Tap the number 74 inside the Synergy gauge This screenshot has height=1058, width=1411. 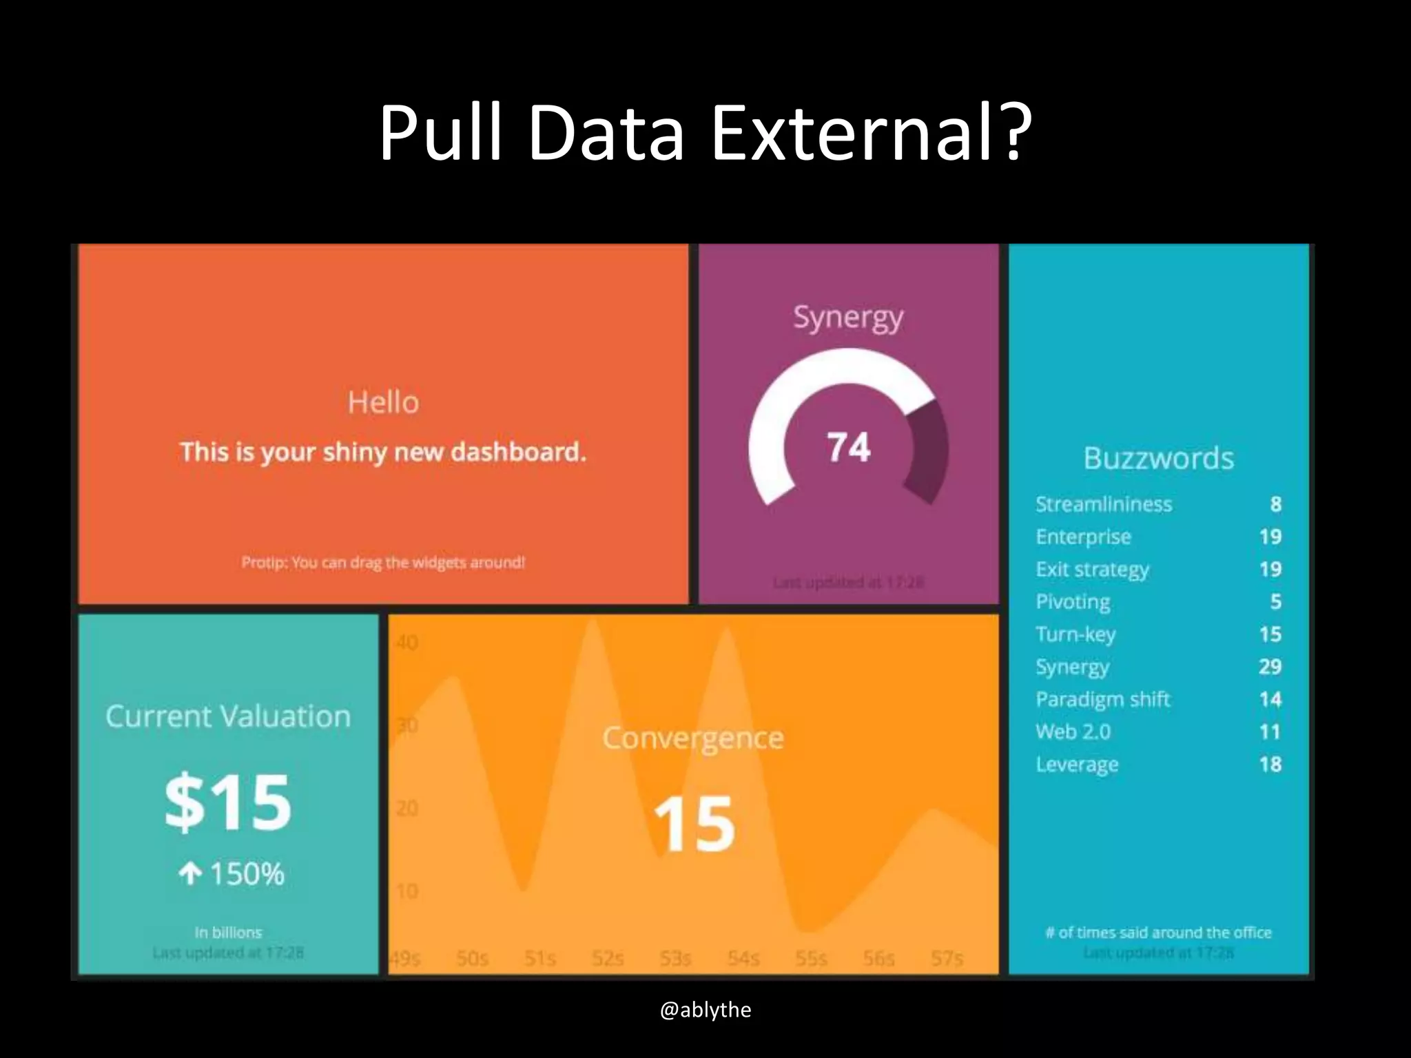coord(848,447)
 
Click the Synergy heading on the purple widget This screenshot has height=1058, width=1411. coord(848,318)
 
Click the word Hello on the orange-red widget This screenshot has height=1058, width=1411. coord(383,402)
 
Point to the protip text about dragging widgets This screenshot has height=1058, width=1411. coord(383,562)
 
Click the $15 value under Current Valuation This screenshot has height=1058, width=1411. coord(228,802)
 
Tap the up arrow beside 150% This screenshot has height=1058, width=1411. coord(189,874)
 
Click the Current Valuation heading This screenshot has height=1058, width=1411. coord(228,716)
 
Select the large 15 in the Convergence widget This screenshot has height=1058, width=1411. coord(693,824)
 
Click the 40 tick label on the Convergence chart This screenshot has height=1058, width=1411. coord(406,643)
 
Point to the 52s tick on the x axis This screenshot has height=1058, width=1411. coord(607,958)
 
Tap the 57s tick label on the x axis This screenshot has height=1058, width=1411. coord(947,958)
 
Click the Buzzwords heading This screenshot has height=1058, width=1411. coord(1158,459)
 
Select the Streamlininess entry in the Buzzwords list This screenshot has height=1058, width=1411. coord(1103,504)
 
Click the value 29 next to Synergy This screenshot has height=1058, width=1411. coord(1270,666)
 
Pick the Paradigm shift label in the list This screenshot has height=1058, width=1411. coord(1102,699)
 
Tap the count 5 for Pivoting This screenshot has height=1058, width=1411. coord(1275,601)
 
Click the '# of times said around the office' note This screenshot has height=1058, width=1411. coord(1158,933)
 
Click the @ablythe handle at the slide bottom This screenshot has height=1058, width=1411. coord(705,1010)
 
